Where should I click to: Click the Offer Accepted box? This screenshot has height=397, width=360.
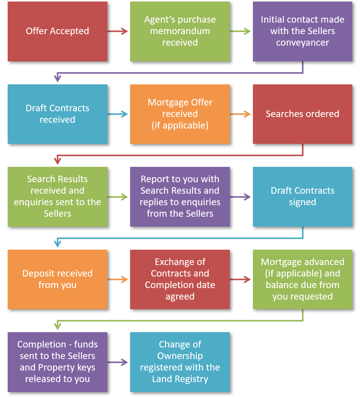[58, 31]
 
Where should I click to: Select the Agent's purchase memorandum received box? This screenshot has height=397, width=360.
[180, 31]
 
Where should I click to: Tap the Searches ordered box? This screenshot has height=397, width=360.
[302, 114]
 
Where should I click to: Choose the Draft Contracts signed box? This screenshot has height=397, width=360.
[302, 196]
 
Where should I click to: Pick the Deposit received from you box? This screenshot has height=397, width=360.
[58, 279]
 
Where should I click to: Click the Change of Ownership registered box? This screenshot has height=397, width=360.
[180, 362]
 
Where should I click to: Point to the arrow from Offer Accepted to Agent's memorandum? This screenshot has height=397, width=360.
[118, 31]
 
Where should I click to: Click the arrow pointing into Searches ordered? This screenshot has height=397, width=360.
[241, 114]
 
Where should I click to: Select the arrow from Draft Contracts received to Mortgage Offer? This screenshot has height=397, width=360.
[118, 114]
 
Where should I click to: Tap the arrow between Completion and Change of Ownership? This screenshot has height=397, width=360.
[118, 362]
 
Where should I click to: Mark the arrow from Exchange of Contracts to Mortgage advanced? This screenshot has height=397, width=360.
[241, 280]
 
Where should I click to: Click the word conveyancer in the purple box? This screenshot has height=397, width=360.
[302, 43]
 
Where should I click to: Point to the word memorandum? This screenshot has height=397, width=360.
[180, 31]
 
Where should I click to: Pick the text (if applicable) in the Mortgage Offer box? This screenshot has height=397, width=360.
[180, 125]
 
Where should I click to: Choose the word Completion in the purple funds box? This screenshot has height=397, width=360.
[36, 344]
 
